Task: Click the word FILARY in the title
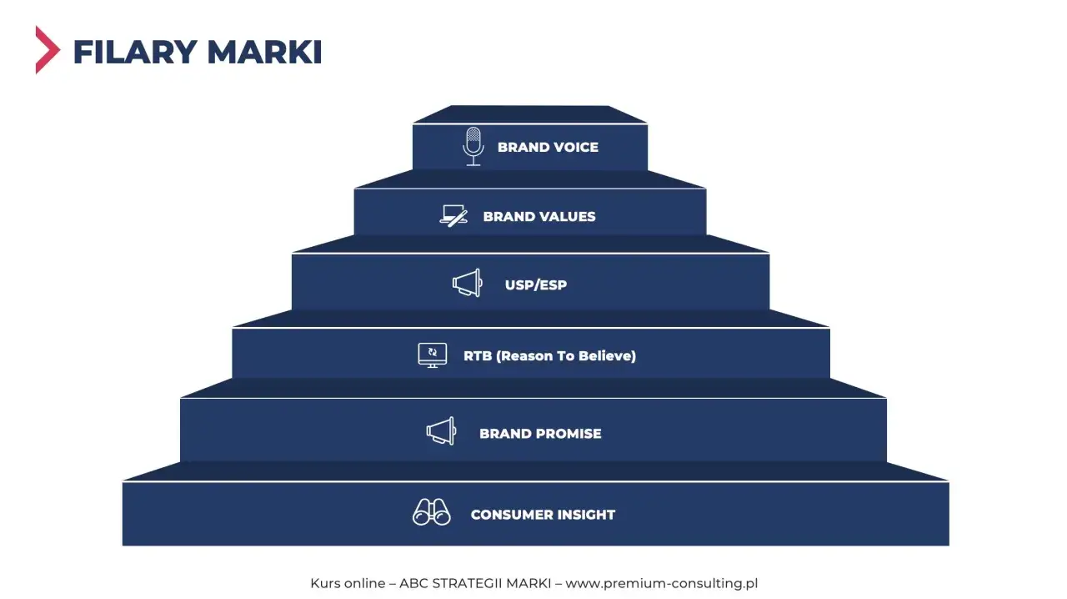point(135,52)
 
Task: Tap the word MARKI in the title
point(264,52)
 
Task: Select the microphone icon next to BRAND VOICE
point(473,146)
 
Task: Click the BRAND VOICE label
point(548,147)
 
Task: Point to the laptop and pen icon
point(453,216)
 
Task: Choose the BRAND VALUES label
point(539,217)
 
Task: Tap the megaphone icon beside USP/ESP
point(468,283)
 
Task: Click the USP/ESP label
point(536,284)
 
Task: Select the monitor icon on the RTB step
point(433,355)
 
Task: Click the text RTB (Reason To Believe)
point(549,355)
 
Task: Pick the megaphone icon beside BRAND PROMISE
point(441,430)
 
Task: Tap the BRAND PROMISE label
point(540,434)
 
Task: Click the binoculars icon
point(432,512)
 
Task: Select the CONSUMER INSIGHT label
point(543,515)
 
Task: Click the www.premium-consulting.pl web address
point(662,583)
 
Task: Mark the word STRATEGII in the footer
point(467,583)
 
